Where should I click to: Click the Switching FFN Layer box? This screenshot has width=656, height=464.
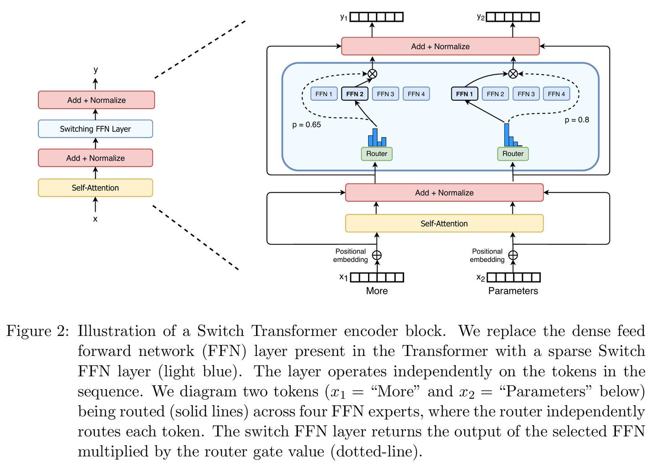pos(95,129)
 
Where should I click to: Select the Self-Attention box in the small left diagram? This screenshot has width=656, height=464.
pos(95,188)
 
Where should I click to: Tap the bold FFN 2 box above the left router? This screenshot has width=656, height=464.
pos(355,94)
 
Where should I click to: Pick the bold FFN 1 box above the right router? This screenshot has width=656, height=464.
pos(464,94)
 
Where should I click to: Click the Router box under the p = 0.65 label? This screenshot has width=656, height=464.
pos(377,154)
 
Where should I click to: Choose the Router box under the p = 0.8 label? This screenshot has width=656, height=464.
pos(513,154)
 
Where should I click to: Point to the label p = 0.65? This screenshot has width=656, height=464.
pos(307,124)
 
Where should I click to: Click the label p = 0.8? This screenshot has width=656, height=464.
pos(577,120)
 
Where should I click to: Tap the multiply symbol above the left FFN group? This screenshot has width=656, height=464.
pos(373,73)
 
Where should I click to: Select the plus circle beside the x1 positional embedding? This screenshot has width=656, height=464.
pos(377,255)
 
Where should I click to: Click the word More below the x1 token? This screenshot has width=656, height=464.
pos(377,291)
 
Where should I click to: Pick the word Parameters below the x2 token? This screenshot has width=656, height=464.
pos(513,291)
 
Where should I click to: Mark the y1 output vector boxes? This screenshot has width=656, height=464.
pos(377,17)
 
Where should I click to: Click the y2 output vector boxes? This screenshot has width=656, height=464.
pos(513,17)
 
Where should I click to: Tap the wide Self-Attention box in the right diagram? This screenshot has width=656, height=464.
pos(444,223)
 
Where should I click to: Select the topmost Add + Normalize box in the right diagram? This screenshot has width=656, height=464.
pos(440,46)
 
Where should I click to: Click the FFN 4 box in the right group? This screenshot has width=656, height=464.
pos(556,94)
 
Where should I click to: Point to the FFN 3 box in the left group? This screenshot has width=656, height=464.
pos(385,94)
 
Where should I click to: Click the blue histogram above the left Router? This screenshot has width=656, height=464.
pos(377,137)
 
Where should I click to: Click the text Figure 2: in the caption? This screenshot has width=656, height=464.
pos(36,331)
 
